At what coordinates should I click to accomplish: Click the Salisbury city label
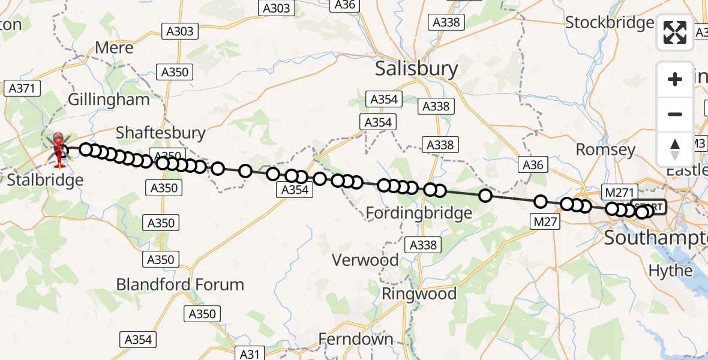(416, 68)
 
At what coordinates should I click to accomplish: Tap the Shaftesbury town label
(160, 133)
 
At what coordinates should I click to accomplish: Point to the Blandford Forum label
(180, 284)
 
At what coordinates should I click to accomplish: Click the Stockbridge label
(610, 23)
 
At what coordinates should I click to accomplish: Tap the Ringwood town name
(419, 294)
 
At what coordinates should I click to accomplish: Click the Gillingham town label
(109, 100)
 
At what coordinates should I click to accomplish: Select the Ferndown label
(356, 339)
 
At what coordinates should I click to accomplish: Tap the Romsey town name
(605, 149)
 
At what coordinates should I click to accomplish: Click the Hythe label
(670, 271)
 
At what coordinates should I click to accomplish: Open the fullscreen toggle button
(675, 32)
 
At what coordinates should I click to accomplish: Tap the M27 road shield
(546, 222)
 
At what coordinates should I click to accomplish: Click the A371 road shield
(22, 88)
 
